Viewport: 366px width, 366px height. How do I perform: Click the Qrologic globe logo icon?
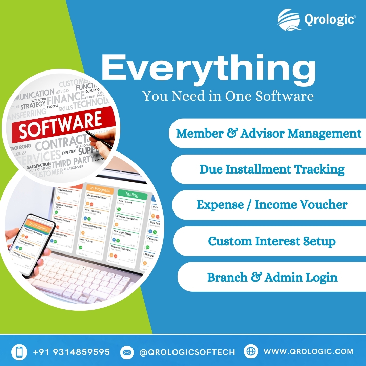(x=289, y=20)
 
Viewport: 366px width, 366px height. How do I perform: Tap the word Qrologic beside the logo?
(x=329, y=19)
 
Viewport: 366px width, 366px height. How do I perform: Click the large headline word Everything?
(x=208, y=68)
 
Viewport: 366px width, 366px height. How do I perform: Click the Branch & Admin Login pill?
(x=272, y=277)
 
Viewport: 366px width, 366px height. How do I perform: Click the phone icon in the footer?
(x=19, y=352)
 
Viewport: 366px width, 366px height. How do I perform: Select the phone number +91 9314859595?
(x=71, y=352)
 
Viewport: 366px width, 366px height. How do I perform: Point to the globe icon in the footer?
(x=251, y=352)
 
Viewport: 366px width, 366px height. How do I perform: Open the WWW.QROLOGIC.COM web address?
(x=308, y=352)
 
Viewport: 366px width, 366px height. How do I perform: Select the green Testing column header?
(x=132, y=195)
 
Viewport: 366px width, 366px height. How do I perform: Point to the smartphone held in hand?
(x=31, y=244)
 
